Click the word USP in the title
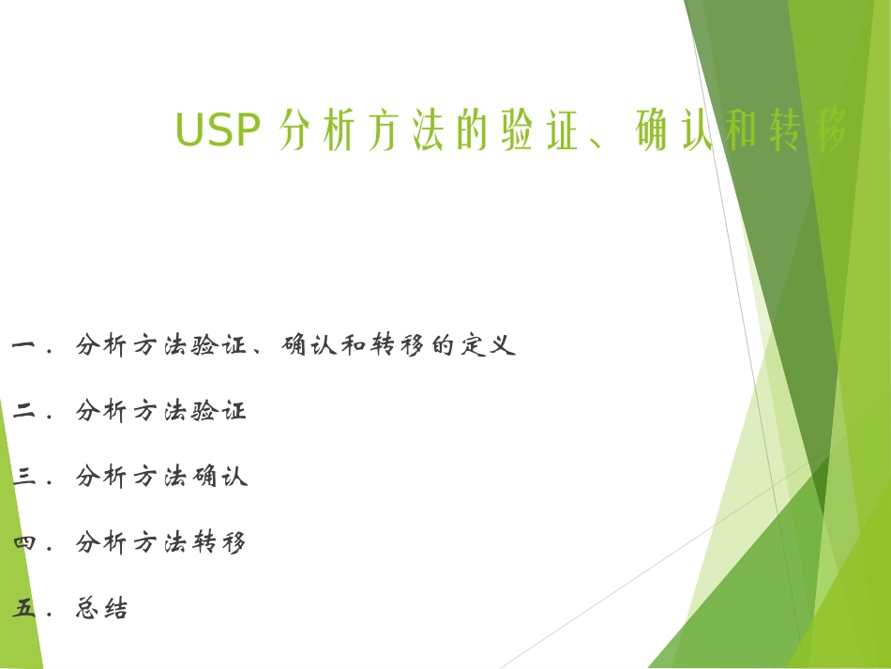tap(217, 130)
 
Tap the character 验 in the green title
tap(518, 131)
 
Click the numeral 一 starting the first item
tap(25, 346)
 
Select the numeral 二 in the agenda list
tap(25, 412)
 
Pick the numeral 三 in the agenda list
tap(25, 478)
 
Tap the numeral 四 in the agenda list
tap(25, 543)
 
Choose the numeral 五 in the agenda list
tap(25, 609)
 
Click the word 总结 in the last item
tap(101, 609)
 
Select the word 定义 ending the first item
tap(488, 345)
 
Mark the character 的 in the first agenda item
tap(443, 345)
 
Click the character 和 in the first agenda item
tap(354, 345)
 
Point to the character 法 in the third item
tap(174, 477)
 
